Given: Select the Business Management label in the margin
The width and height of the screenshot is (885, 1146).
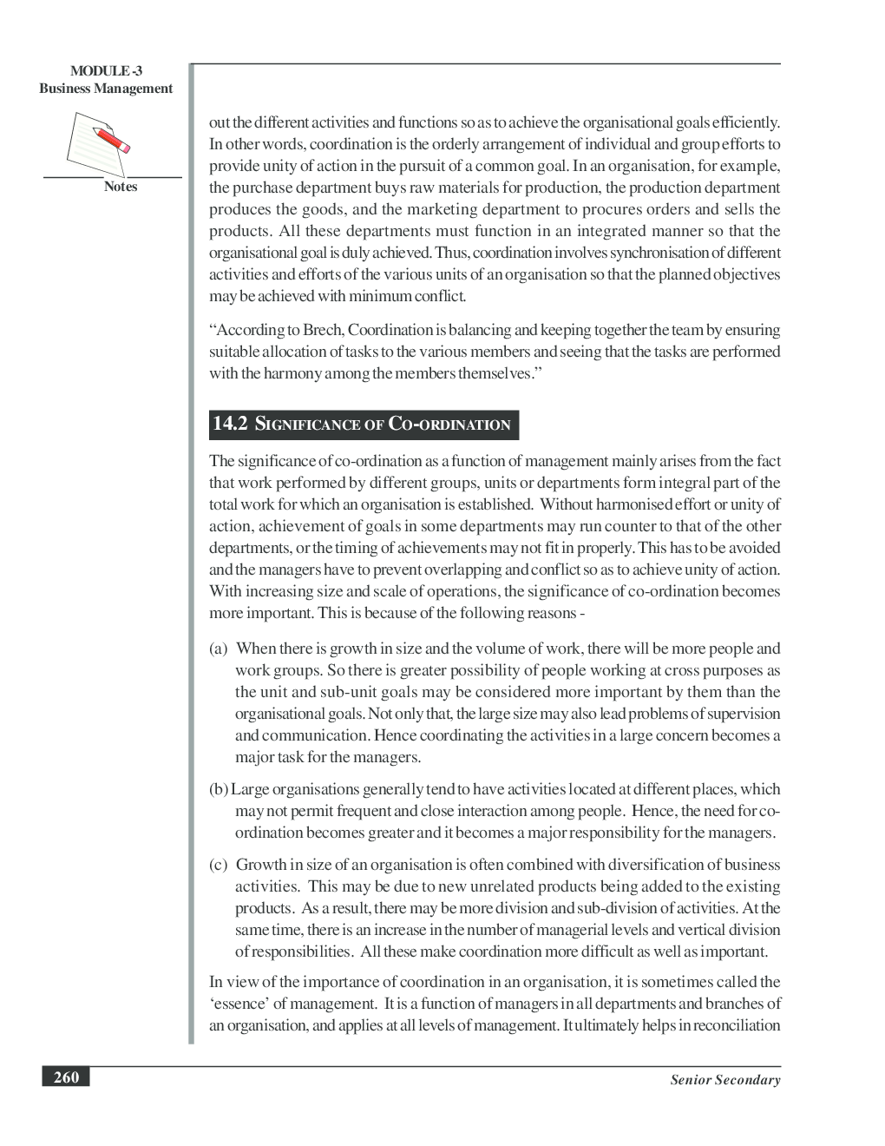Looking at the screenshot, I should pyautogui.click(x=106, y=89).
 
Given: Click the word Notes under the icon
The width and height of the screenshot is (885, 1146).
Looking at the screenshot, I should pyautogui.click(x=121, y=187).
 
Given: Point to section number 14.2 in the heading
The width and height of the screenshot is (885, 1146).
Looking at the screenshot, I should pyautogui.click(x=230, y=424).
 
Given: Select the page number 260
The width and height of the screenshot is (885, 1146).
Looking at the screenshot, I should pyautogui.click(x=66, y=1078).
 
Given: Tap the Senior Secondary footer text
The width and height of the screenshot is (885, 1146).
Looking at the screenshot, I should pyautogui.click(x=725, y=1080).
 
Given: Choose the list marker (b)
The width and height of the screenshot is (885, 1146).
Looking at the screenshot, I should pyautogui.click(x=219, y=789).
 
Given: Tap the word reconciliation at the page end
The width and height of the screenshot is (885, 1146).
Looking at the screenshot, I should pyautogui.click(x=738, y=1025).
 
